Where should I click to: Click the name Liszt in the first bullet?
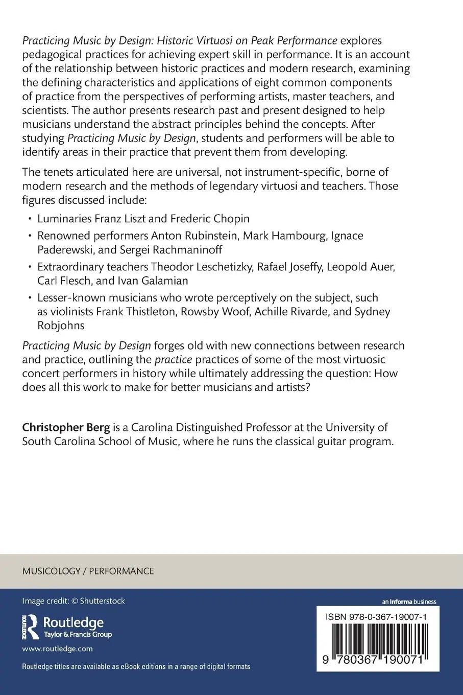(x=133, y=219)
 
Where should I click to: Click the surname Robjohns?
(x=61, y=325)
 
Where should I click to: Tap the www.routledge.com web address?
(x=57, y=648)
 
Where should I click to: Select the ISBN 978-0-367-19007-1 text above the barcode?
(x=376, y=617)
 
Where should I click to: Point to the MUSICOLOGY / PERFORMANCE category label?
(x=88, y=571)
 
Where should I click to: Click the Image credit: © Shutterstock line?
(x=74, y=601)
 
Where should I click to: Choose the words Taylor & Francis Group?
(x=78, y=635)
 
